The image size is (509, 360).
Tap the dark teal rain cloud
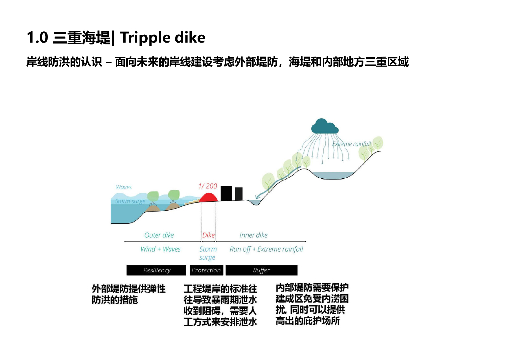click(324, 127)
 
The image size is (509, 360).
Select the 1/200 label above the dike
click(208, 186)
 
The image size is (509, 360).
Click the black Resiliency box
click(157, 270)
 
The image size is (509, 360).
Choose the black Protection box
click(206, 270)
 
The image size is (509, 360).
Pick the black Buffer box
click(261, 270)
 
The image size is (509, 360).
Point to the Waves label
click(123, 187)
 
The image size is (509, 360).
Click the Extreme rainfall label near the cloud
click(351, 144)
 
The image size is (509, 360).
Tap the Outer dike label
click(159, 235)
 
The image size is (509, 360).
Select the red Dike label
click(208, 235)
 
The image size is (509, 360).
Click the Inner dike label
click(254, 235)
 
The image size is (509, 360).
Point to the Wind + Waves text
click(161, 249)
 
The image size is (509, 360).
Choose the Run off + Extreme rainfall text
click(266, 249)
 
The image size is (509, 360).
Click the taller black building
click(226, 193)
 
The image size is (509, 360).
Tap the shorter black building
click(239, 194)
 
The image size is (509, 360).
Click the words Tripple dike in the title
click(163, 37)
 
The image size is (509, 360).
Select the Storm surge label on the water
click(130, 201)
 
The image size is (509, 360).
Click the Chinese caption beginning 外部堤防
click(128, 294)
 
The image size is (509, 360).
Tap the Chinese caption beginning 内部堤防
click(312, 304)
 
